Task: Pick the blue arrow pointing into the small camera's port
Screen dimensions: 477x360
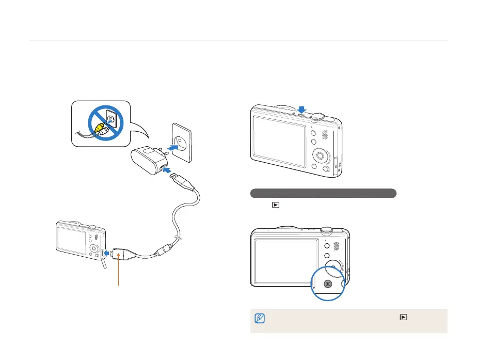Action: point(105,253)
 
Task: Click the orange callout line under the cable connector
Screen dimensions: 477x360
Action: point(119,273)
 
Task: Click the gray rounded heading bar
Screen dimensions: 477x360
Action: point(323,193)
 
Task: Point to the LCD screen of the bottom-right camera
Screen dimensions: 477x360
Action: point(285,261)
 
